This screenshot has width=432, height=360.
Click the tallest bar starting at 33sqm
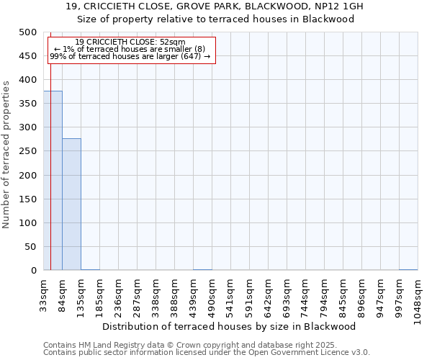tap(53, 181)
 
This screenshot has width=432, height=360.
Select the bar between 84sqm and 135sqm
tap(71, 204)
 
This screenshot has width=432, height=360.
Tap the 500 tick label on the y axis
tap(28, 32)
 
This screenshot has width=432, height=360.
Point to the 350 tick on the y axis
tap(28, 104)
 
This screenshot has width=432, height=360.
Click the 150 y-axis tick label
tap(28, 199)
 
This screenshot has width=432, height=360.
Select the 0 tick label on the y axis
tap(33, 271)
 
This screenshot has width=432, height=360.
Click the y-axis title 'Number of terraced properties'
tap(6, 154)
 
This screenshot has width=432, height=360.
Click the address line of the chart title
tap(215, 6)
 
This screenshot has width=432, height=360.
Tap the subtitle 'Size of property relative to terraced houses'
tap(215, 19)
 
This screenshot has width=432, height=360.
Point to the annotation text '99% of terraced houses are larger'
tap(130, 56)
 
